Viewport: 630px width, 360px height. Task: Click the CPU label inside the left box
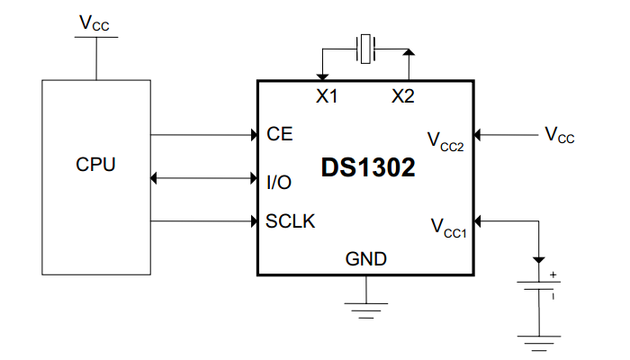95,166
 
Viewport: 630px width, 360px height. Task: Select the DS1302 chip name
367,168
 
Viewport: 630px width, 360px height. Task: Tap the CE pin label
280,135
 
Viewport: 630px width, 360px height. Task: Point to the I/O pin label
279,182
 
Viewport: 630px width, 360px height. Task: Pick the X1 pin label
327,97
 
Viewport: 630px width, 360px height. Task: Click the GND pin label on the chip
366,260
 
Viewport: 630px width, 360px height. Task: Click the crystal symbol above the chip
365,49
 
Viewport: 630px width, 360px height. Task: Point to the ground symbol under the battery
538,343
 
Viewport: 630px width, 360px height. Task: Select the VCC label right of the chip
559,136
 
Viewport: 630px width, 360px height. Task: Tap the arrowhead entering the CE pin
253,135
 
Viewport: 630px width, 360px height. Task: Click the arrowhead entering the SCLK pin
253,220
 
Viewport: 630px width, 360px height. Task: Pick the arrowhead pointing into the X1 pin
321,76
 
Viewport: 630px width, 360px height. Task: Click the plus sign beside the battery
553,274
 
